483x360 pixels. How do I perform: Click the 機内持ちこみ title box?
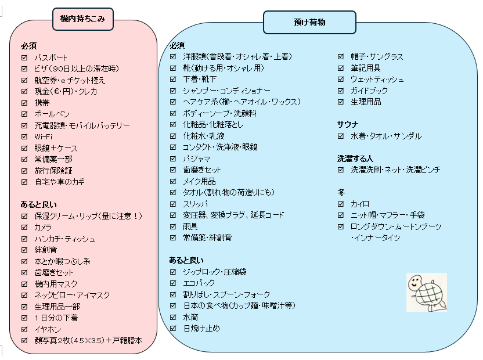pos(82,19)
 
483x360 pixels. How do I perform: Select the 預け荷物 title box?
pos(309,23)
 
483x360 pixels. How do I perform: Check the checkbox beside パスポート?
pos(24,57)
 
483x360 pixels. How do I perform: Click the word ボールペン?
pos(52,114)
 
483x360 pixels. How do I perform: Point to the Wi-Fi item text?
pos(44,136)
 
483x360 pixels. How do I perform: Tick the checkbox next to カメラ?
pos(24,227)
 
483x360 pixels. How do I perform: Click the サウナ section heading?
pos(348,124)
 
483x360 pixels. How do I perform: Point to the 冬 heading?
pos(341,192)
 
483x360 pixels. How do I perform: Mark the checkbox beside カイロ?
pos(341,204)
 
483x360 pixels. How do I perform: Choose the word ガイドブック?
pos(369,91)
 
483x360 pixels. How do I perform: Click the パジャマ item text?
pos(197,159)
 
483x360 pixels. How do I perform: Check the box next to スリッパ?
pos(173,204)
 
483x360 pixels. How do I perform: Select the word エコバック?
pos(199,283)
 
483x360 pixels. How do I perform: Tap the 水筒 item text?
pos(190,317)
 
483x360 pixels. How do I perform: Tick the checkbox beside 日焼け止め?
pos(173,329)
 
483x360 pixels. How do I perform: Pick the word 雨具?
pos(190,226)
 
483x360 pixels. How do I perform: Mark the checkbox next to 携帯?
pos(24,102)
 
